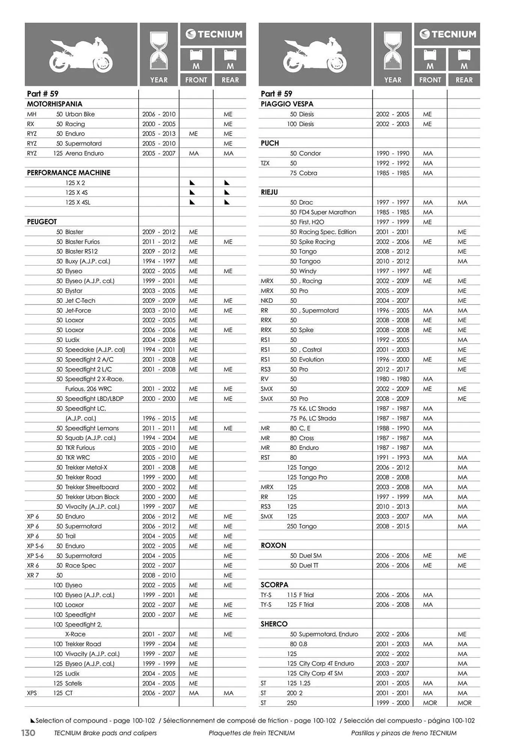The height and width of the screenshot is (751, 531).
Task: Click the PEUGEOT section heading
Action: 42,222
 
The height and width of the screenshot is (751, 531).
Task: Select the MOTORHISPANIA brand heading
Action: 54,104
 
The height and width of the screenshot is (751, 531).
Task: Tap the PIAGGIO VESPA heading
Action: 287,104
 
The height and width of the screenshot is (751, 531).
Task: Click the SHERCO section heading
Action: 274,624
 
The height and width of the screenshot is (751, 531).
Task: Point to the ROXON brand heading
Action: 273,546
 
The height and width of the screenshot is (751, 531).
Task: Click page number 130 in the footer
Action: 28,733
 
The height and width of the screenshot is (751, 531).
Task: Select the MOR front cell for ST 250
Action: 430,703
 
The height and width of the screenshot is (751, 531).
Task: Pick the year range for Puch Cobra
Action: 392,173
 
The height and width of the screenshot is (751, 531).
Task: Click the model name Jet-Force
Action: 78,311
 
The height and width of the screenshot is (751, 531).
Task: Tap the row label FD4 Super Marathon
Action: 327,212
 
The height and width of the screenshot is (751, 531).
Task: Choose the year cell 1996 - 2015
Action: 159,418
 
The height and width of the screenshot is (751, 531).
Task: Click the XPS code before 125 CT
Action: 32,693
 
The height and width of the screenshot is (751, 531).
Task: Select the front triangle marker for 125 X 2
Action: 192,183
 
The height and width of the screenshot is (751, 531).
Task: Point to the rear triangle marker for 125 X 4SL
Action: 227,202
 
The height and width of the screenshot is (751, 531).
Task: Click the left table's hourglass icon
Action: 159,51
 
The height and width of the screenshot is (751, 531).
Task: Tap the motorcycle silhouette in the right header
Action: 315,54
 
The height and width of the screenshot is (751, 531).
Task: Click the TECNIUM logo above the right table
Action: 447,34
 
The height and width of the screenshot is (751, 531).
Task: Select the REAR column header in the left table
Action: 230,80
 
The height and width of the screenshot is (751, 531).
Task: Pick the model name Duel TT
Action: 309,566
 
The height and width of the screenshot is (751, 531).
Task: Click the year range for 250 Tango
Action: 392,526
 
